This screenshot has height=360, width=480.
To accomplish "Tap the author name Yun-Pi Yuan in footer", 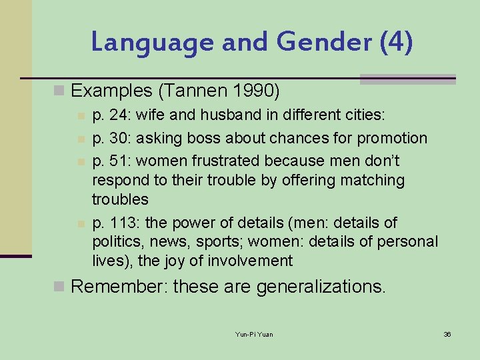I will click(x=253, y=334).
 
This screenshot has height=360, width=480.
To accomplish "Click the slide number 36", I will click(x=447, y=334).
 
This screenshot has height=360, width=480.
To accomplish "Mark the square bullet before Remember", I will click(x=59, y=287).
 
